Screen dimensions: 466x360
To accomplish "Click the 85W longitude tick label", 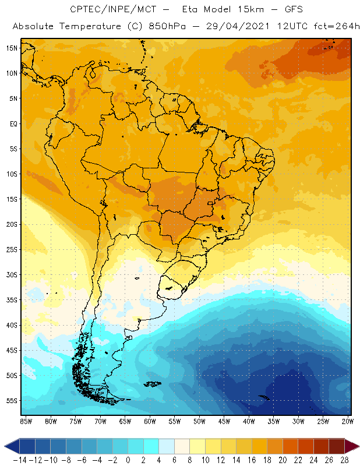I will [x=26, y=421].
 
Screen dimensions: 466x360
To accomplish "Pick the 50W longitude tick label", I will [x=199, y=421].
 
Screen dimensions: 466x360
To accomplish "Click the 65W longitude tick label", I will [x=125, y=421].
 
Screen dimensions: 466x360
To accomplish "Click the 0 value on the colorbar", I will [x=128, y=460].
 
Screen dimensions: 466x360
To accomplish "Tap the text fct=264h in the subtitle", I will [x=334, y=27].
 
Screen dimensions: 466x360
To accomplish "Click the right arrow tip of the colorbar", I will [x=356, y=446].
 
